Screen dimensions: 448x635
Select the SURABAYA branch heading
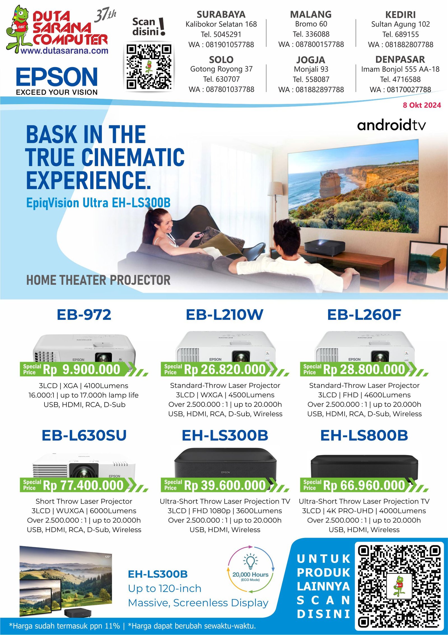(221, 14)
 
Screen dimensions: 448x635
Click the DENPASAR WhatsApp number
(400, 89)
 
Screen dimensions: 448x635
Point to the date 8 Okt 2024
(422, 105)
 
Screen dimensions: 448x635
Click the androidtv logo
(391, 125)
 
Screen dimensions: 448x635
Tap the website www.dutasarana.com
(64, 51)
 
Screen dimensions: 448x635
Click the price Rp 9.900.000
(81, 369)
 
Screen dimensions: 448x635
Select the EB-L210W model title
(225, 315)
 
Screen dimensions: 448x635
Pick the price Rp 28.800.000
(364, 369)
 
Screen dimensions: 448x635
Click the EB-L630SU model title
(84, 435)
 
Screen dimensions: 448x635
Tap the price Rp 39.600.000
(225, 485)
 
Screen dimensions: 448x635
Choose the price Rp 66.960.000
(364, 485)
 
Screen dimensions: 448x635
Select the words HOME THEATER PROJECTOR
(98, 280)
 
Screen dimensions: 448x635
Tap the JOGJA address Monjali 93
(311, 69)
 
